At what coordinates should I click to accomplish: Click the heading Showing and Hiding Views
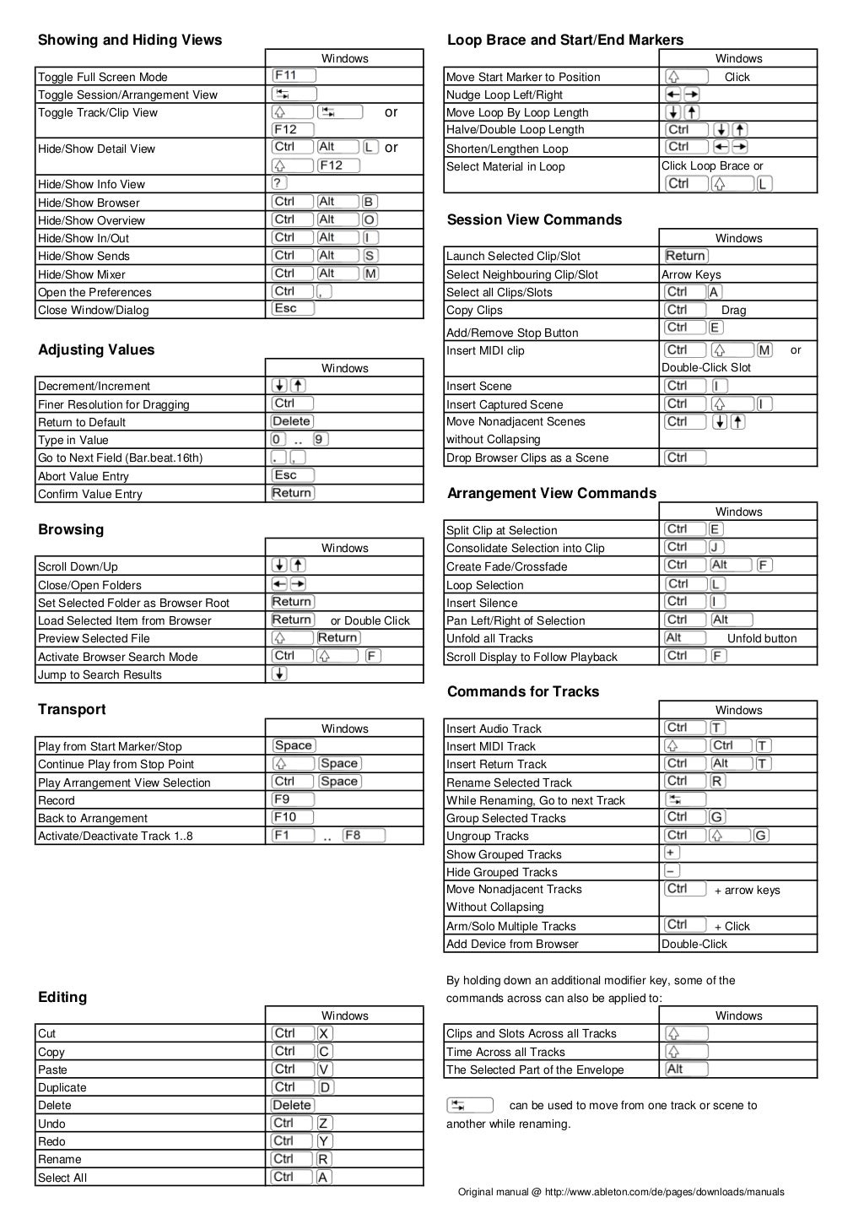click(130, 40)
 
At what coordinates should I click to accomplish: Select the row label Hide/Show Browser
click(89, 203)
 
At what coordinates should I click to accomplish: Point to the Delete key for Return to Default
click(292, 421)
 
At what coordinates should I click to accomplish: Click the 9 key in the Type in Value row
click(320, 439)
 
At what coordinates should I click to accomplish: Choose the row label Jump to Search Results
click(100, 674)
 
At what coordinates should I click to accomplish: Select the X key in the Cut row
click(325, 1033)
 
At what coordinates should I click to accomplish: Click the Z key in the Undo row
click(325, 1123)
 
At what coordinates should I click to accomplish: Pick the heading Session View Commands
click(534, 219)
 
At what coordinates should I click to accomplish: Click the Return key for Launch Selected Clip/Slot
click(685, 256)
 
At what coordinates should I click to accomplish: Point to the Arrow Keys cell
click(691, 274)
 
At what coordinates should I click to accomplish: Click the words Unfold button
click(761, 639)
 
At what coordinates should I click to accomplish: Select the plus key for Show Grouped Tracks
click(672, 853)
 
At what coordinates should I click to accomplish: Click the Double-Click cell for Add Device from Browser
click(694, 944)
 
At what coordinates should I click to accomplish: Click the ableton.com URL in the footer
click(664, 1192)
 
